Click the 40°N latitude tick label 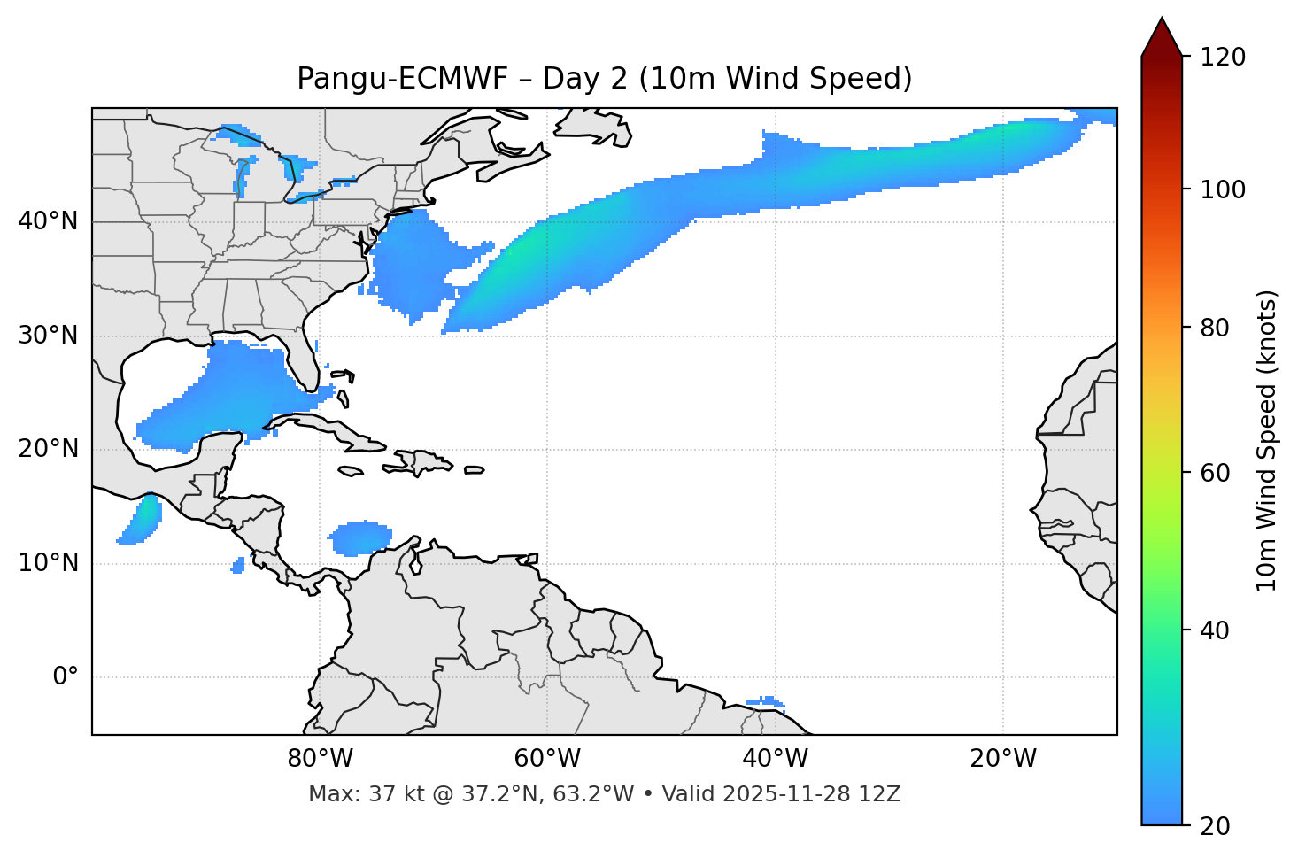[48, 221]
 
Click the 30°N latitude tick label [48, 336]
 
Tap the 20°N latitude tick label [48, 449]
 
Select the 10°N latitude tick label [48, 563]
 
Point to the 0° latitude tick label [66, 677]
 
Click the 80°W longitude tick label [320, 759]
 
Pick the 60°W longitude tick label [547, 759]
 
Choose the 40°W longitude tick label [775, 759]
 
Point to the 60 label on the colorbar [1216, 473]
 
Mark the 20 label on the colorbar [1216, 826]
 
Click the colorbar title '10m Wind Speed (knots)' [1267, 440]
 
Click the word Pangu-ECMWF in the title [402, 79]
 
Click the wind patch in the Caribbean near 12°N [360, 537]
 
